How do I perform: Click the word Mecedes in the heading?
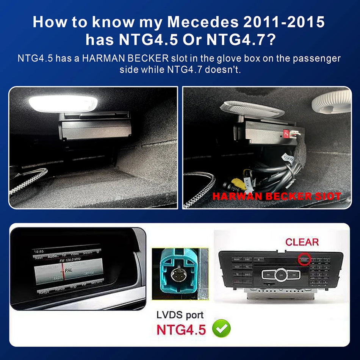point(197,22)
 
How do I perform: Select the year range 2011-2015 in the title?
point(285,22)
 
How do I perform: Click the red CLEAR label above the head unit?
point(302,242)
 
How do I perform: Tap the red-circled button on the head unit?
point(304,260)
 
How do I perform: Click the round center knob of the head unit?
point(281,274)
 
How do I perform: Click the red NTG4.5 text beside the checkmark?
point(181,329)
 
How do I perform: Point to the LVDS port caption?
point(180,315)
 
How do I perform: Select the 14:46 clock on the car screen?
point(38,252)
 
